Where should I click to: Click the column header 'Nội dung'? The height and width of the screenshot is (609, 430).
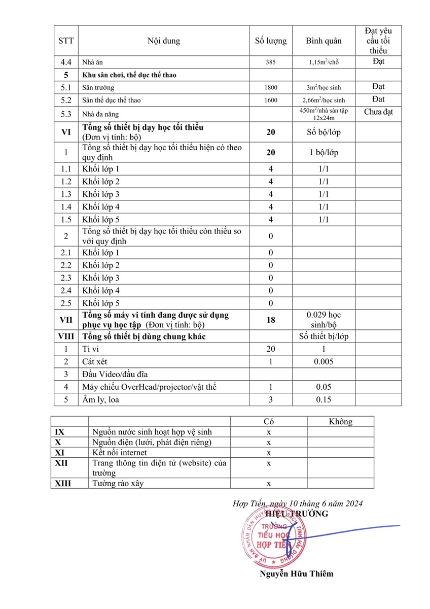tap(163, 41)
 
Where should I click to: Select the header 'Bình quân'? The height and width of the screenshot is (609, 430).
tap(324, 41)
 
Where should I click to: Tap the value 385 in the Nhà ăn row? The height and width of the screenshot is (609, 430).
tap(271, 63)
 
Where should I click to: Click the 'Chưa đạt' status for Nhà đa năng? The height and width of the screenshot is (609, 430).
tap(378, 112)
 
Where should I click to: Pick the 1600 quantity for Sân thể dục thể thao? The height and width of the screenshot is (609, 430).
tap(271, 100)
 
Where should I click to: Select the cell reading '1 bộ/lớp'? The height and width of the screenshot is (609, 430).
tap(324, 153)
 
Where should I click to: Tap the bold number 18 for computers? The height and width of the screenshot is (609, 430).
tap(271, 320)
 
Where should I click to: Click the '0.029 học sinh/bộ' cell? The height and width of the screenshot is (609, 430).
tap(324, 320)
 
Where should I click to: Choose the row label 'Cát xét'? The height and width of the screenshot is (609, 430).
tap(94, 362)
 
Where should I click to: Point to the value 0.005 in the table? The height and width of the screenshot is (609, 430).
tap(324, 362)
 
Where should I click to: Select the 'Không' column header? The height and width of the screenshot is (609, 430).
tap(340, 422)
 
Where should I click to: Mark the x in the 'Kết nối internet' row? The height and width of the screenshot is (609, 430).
tap(269, 452)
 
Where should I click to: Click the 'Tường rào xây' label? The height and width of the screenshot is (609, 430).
tap(118, 483)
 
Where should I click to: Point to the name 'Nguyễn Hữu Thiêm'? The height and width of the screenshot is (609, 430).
tap(297, 574)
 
